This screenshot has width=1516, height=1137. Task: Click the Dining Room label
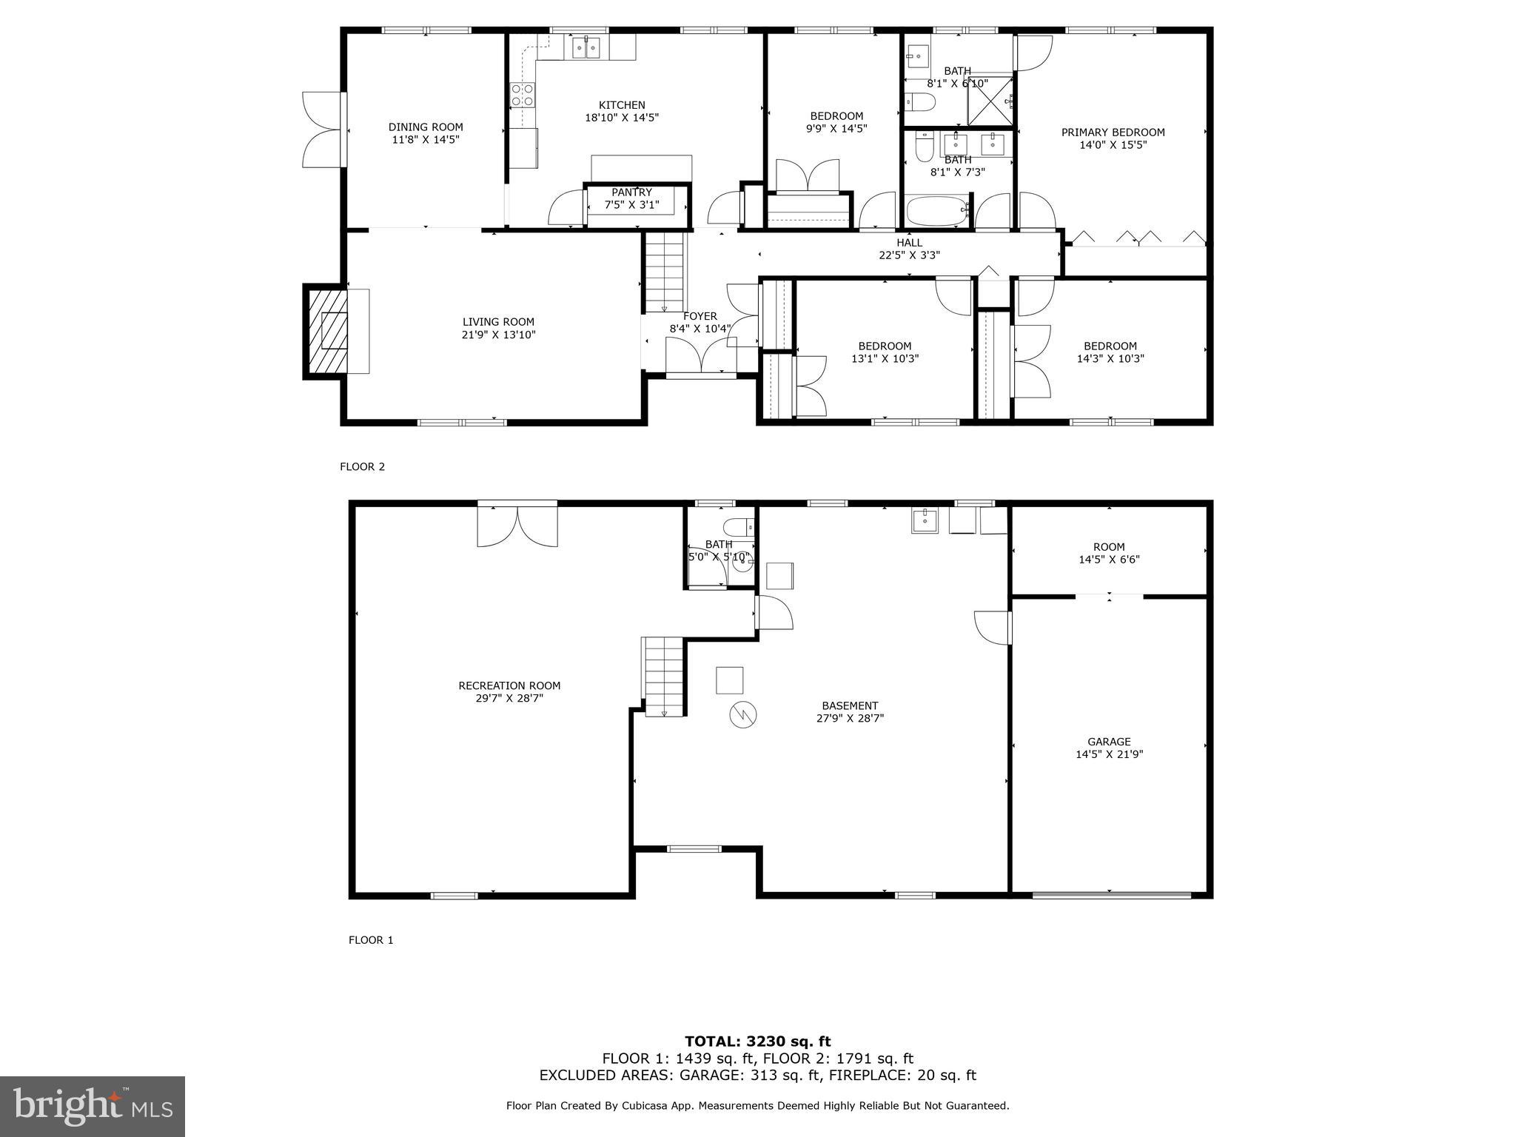(426, 127)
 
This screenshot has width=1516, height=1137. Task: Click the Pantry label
(631, 192)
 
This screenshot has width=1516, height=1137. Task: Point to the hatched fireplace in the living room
(327, 330)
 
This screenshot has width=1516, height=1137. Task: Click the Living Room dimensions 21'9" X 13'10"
(498, 335)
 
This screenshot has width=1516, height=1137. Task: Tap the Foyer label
(700, 316)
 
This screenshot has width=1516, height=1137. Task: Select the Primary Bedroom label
(1113, 133)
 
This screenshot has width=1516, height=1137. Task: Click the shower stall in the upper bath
(990, 99)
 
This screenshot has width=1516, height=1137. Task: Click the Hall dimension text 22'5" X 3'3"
(909, 255)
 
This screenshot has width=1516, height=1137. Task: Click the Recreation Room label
(509, 685)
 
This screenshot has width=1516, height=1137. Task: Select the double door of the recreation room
(517, 525)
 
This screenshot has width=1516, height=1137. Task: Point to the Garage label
(1109, 742)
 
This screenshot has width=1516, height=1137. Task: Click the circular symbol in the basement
(743, 714)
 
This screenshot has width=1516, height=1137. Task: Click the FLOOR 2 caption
(362, 466)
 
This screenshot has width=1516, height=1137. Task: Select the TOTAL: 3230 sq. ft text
(757, 1042)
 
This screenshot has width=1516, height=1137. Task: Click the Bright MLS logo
(93, 1106)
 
